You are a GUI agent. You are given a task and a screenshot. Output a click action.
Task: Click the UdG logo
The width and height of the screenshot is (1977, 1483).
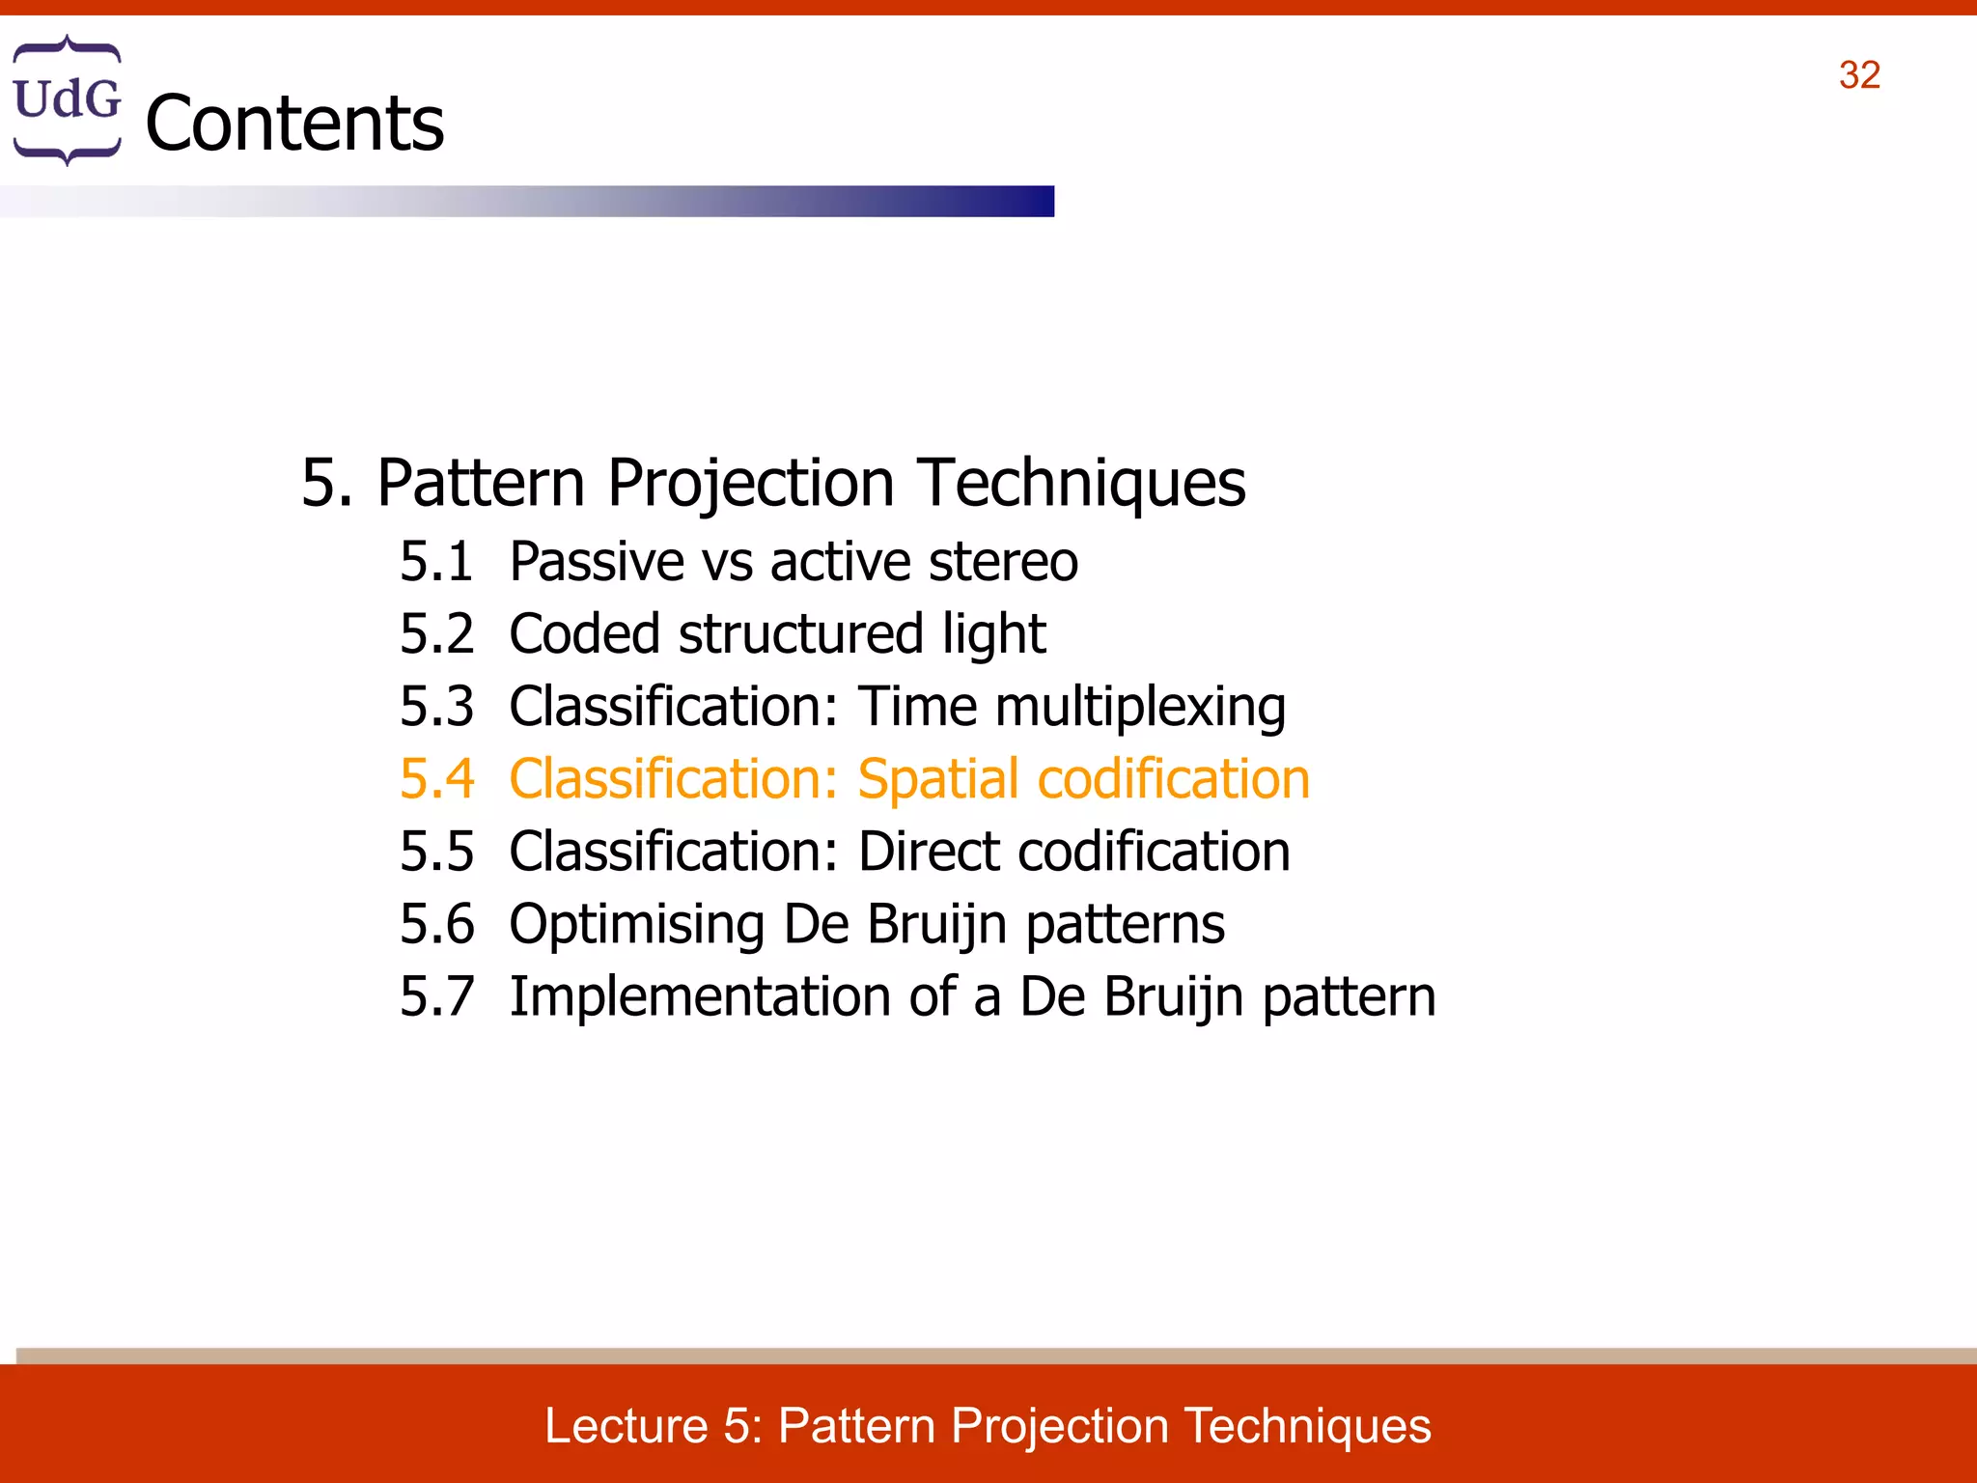pyautogui.click(x=67, y=99)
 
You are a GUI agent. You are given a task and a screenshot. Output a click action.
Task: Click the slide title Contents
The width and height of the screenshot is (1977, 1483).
pyautogui.click(x=294, y=124)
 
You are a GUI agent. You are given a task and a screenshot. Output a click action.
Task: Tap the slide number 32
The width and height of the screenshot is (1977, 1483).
pyautogui.click(x=1859, y=75)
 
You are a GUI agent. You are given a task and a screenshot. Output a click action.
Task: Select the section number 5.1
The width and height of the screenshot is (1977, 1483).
pyautogui.click(x=436, y=561)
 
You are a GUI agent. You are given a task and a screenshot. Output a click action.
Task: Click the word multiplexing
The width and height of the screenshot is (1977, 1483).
pyautogui.click(x=1140, y=708)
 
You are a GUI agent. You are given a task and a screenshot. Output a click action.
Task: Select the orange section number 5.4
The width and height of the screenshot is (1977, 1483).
pyautogui.click(x=436, y=779)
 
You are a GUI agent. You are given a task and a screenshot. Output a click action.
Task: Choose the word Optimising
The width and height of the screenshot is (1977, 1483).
pyautogui.click(x=636, y=925)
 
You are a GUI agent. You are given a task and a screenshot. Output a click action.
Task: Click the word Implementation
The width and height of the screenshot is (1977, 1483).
pyautogui.click(x=699, y=996)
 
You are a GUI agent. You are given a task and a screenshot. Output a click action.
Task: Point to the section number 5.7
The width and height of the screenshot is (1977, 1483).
pyautogui.click(x=436, y=996)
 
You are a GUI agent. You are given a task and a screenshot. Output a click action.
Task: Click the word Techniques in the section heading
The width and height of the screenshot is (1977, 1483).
pyautogui.click(x=1081, y=483)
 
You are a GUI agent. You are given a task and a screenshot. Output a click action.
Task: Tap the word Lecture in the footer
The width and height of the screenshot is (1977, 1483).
pyautogui.click(x=626, y=1426)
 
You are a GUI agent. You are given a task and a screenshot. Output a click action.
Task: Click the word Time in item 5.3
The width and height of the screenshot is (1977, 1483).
pyautogui.click(x=917, y=707)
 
